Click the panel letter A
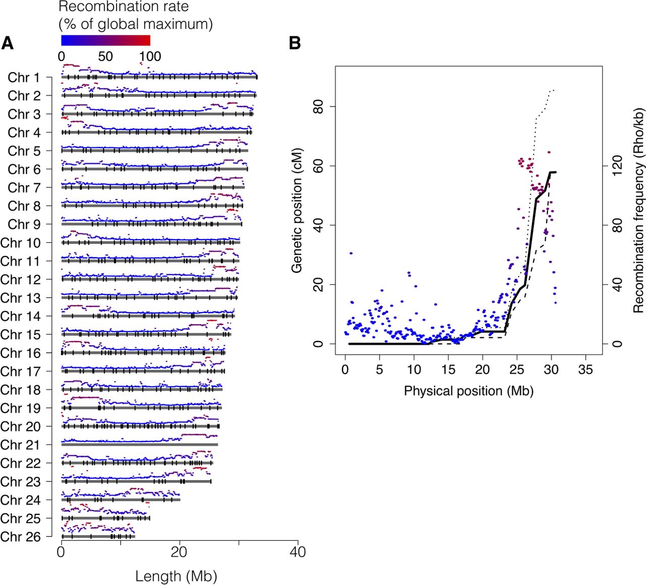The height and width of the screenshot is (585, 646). click(x=7, y=44)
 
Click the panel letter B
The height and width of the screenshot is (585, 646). click(x=295, y=44)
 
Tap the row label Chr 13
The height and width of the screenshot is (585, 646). click(x=20, y=298)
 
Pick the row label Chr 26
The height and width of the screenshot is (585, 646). click(x=20, y=537)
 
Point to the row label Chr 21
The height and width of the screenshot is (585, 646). click(x=20, y=445)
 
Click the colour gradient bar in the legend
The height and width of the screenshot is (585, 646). click(x=105, y=40)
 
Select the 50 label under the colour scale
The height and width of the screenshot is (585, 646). click(x=105, y=56)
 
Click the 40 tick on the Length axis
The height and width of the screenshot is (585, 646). click(x=298, y=552)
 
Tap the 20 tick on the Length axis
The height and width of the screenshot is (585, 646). click(x=179, y=552)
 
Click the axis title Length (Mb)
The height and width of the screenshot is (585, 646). click(x=176, y=576)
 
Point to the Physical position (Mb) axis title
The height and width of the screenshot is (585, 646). click(x=468, y=391)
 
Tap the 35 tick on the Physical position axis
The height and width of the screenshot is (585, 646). click(x=585, y=369)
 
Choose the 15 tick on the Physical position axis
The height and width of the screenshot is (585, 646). click(x=448, y=369)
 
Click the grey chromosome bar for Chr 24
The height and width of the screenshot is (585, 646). click(x=121, y=500)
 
